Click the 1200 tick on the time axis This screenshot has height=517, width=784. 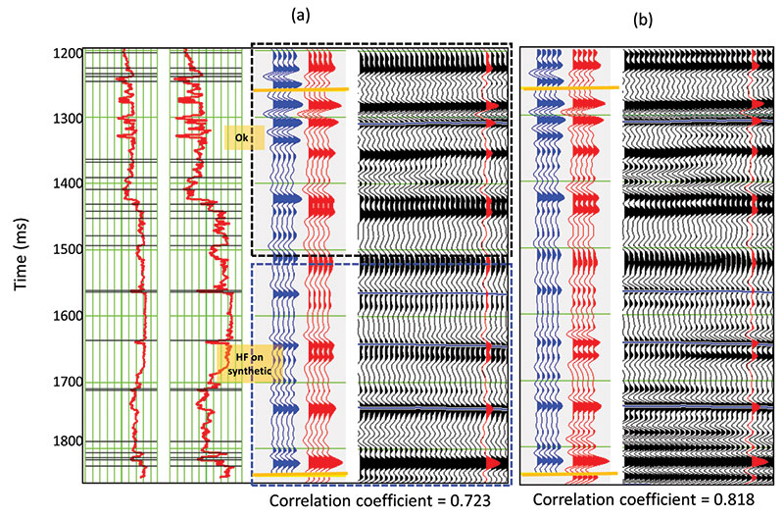coord(68,53)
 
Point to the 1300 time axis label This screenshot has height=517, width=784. coord(68,119)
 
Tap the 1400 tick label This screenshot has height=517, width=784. coord(68,183)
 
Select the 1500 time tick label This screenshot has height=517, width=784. coord(68,249)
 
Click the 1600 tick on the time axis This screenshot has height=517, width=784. coord(68,316)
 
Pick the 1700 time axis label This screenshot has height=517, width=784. coord(68,382)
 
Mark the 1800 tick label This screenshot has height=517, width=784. coord(68,441)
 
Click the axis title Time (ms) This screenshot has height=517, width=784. coord(21,254)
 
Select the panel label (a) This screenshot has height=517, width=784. coord(301,15)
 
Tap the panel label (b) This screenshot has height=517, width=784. coord(643,20)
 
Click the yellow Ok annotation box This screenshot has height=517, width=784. coord(244,137)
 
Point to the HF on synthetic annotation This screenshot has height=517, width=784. coord(250,364)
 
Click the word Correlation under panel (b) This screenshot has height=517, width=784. coord(572,499)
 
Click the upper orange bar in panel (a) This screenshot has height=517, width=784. coord(301,89)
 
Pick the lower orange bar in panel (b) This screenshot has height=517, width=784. coord(569,473)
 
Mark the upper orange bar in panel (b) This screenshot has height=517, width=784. coord(570,88)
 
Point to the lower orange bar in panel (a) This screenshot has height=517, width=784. coord(301,474)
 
